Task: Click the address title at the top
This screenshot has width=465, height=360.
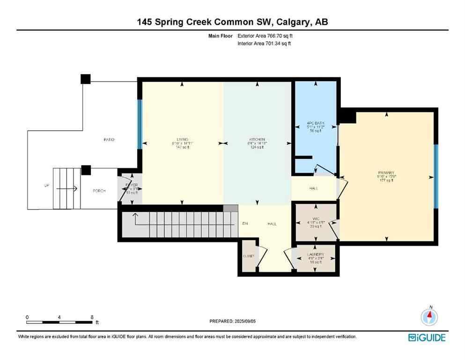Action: point(232,22)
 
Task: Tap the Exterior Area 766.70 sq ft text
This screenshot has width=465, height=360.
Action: point(266,36)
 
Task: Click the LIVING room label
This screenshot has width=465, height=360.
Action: point(183,139)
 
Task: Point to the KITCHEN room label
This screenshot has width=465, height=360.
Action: point(257,139)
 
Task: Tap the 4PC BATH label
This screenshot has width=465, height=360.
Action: point(315,123)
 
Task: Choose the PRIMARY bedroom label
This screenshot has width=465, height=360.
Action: point(386,172)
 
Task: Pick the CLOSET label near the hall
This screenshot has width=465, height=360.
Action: point(248,256)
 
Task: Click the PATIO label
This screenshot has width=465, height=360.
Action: point(109,140)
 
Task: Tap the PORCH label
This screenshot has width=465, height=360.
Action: point(99,191)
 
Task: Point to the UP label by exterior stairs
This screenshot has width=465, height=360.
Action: point(46,186)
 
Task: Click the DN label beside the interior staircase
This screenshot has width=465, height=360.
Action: point(244,224)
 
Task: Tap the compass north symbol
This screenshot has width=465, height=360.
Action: point(429,316)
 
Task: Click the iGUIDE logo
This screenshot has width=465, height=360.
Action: point(427,337)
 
